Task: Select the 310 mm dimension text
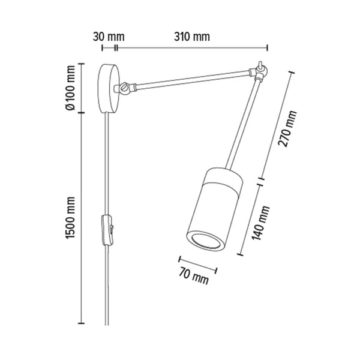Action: (x=192, y=36)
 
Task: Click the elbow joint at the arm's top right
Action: (x=259, y=73)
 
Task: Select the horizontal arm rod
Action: (x=192, y=80)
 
